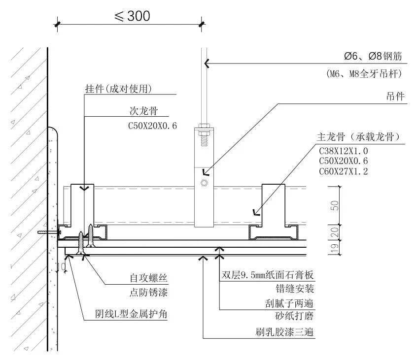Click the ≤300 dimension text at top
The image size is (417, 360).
pyautogui.click(x=132, y=16)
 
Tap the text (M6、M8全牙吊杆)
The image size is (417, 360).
pyautogui.click(x=364, y=74)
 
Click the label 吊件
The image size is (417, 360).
pyautogui.click(x=395, y=97)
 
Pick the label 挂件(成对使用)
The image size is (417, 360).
pyautogui.click(x=118, y=89)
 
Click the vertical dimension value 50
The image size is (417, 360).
pyautogui.click(x=334, y=205)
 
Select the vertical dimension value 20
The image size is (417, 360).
pyautogui.click(x=334, y=232)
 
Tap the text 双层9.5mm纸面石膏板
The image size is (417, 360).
pyautogui.click(x=268, y=275)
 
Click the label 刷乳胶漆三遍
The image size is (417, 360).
pyautogui.click(x=281, y=332)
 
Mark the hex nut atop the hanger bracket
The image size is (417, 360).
pyautogui.click(x=203, y=131)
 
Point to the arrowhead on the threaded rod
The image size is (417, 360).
pyautogui.click(x=207, y=63)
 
